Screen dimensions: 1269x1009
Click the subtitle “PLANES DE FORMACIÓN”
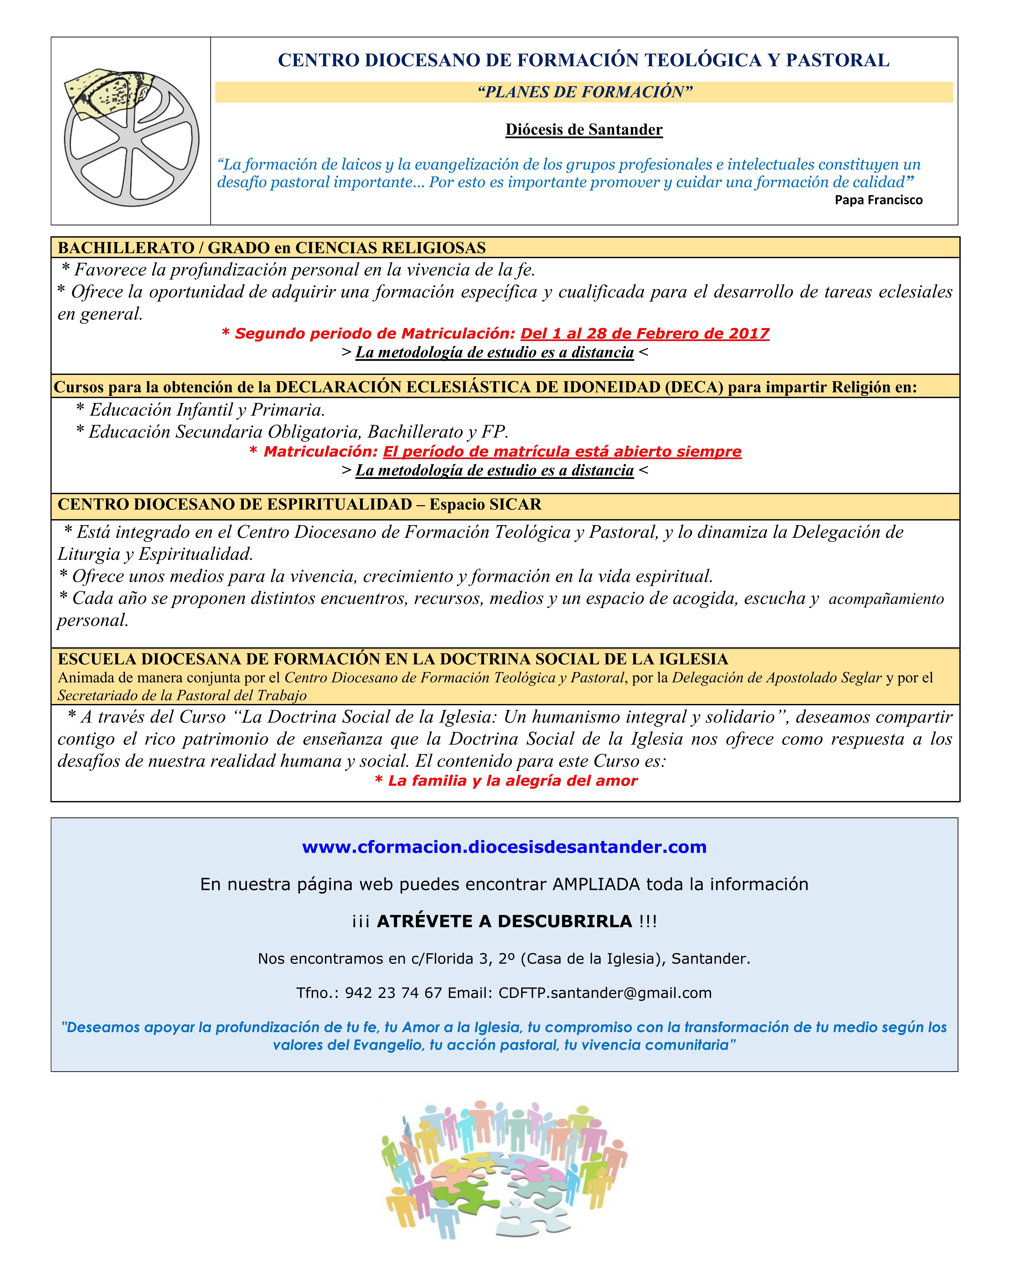[x=585, y=92]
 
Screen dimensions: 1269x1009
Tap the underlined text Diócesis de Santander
[x=584, y=129]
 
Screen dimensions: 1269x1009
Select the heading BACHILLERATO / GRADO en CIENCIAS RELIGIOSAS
[x=272, y=248]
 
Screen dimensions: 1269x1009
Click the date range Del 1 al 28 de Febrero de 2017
[x=645, y=334]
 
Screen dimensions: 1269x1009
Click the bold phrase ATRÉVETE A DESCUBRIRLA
[x=504, y=921]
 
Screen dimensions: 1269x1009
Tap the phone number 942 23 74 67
[x=393, y=993]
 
